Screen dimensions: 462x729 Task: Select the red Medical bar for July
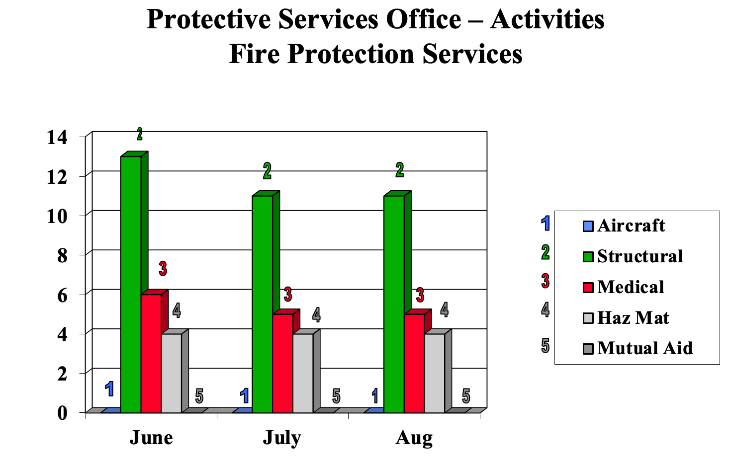[x=282, y=363]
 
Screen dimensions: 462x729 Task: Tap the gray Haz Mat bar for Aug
[x=434, y=373]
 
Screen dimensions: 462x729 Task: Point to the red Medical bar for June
[x=151, y=353]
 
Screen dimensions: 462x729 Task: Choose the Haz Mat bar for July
[x=303, y=373]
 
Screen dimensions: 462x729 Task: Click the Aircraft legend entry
[x=631, y=226]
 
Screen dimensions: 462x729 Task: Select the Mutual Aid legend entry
[x=644, y=348]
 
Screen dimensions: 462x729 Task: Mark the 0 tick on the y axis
[x=62, y=413]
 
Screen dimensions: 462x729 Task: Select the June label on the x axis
[x=151, y=438]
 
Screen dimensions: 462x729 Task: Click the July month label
[x=282, y=438]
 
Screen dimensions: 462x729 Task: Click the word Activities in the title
[x=547, y=20]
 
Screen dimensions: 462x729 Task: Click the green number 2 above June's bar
[x=140, y=133]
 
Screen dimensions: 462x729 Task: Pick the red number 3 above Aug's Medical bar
[x=420, y=295]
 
